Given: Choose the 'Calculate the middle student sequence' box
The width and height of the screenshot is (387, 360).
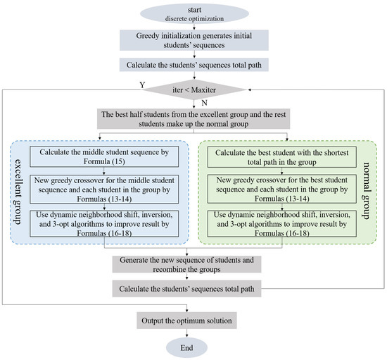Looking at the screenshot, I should [104, 157].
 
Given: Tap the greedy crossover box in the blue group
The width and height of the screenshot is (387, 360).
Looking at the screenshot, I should [104, 188].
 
